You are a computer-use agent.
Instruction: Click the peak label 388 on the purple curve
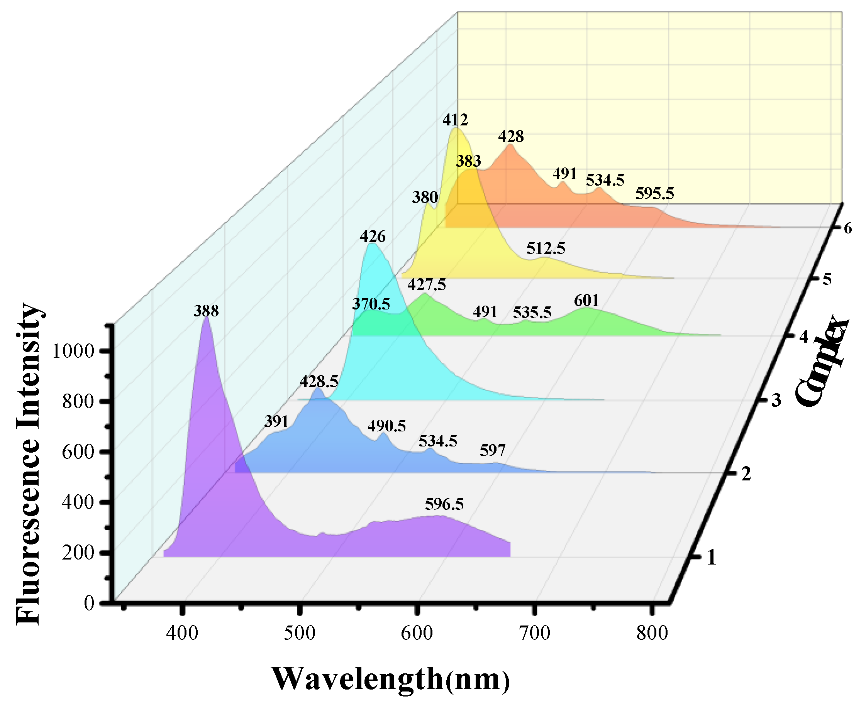206,311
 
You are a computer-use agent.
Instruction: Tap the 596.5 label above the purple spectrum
444,504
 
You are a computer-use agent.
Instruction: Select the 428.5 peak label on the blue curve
319,381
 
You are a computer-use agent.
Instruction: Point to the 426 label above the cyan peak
372,237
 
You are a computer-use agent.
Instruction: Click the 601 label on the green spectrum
586,301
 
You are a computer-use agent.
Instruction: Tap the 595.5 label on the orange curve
654,193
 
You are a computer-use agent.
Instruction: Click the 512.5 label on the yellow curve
546,248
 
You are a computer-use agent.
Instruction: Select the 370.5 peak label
371,304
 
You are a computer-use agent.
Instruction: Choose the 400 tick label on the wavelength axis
182,633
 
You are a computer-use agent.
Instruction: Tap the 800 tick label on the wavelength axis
652,633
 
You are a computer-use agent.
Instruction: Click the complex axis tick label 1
711,558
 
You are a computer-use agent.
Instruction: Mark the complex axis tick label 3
776,401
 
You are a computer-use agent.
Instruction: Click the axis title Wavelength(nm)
390,679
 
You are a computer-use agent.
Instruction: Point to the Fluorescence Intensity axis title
29,463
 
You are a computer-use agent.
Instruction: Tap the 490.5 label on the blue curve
386,426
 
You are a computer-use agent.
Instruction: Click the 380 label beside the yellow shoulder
425,197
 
